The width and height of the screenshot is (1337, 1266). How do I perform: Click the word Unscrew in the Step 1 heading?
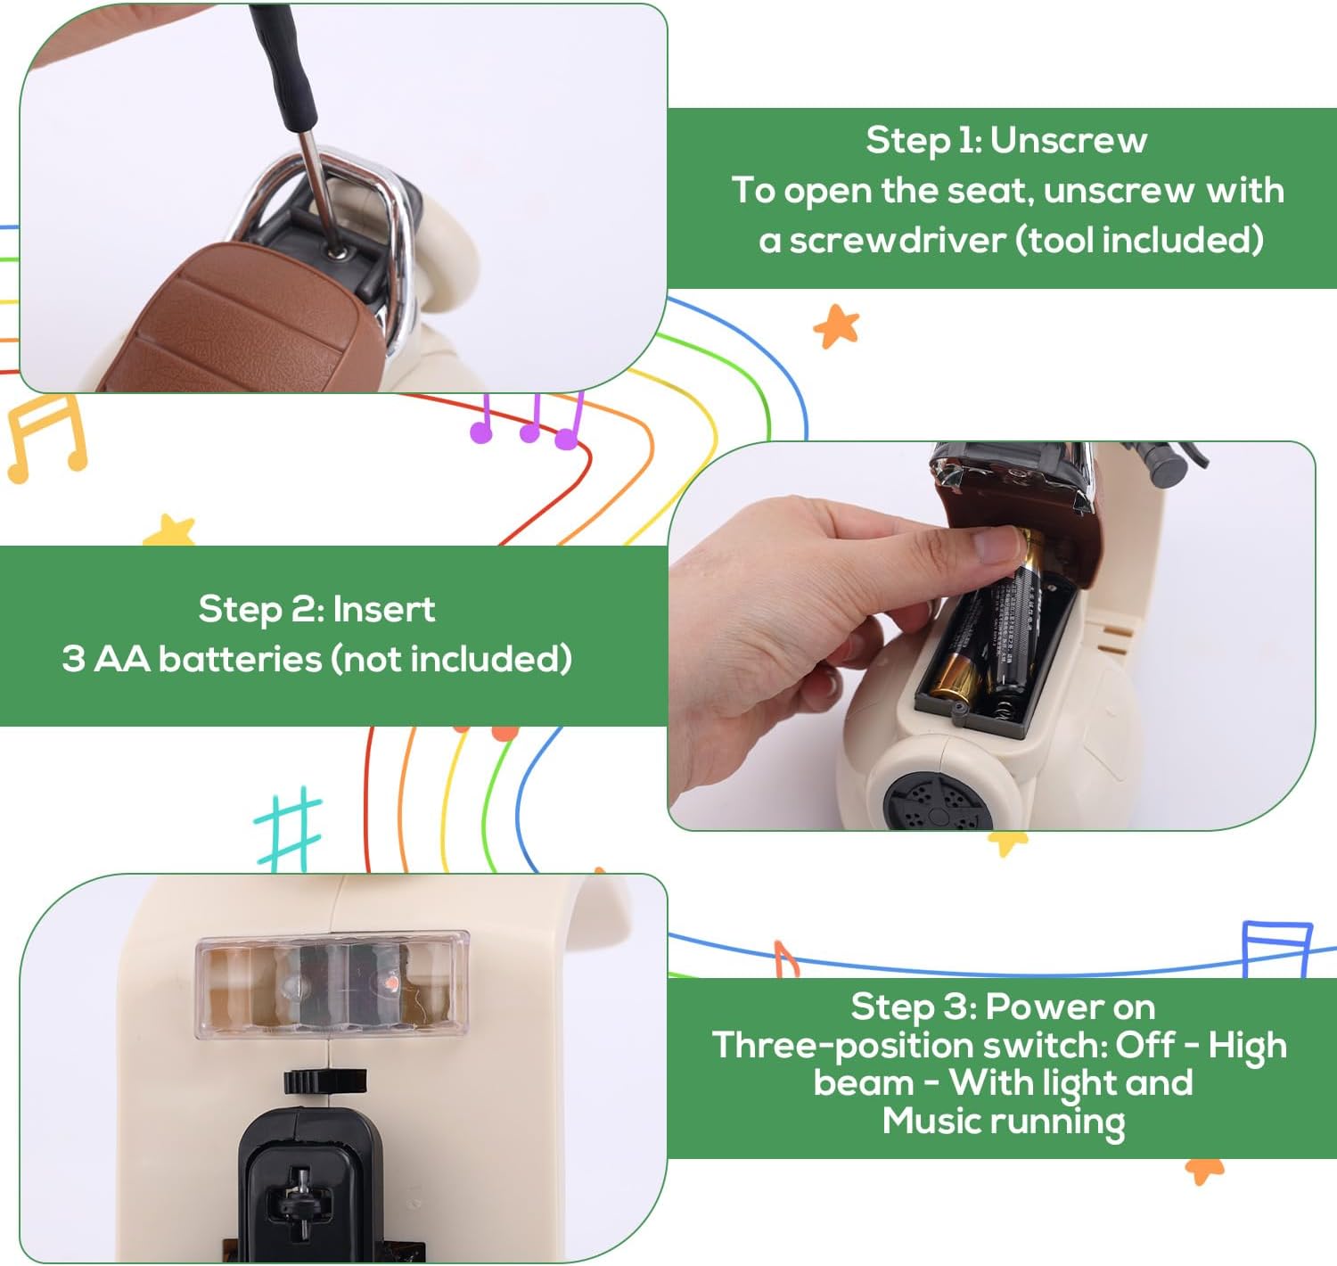[x=1069, y=141]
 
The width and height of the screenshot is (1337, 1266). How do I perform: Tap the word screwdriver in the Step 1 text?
[x=897, y=241]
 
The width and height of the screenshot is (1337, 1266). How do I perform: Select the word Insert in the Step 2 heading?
[x=384, y=609]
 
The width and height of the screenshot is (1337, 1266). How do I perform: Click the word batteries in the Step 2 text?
[x=240, y=659]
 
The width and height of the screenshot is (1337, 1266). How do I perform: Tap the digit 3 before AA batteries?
[x=73, y=659]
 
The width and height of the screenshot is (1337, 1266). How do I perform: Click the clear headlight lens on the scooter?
[x=332, y=984]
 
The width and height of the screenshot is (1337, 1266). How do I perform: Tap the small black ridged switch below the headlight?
[x=325, y=1081]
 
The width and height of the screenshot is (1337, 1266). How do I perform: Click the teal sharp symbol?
[x=288, y=829]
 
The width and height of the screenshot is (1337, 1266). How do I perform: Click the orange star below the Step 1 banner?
[x=836, y=326]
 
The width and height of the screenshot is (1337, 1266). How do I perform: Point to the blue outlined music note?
[x=1276, y=949]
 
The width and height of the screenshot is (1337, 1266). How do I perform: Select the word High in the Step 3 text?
[x=1247, y=1046]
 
